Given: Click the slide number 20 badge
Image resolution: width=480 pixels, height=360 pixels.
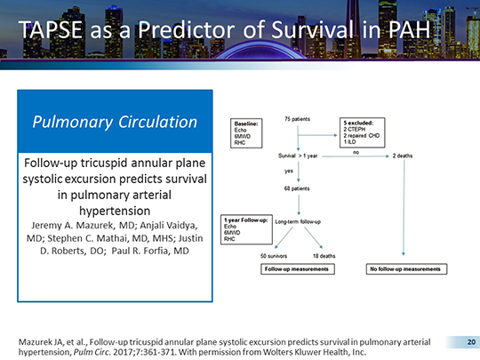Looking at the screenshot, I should pos(460,340).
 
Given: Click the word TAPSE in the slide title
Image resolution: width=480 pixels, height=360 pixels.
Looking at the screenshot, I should pos(56,33).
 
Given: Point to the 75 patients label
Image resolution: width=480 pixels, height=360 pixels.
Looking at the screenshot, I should pos(297,118).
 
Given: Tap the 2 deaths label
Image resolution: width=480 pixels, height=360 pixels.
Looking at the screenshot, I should pos(404,154).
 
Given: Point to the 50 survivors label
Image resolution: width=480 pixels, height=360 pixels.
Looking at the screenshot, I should pos(275,254).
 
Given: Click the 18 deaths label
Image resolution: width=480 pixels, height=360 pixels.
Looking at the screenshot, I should pos(324,254).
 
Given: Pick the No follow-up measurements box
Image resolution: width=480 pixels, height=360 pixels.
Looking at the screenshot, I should pos(404,268).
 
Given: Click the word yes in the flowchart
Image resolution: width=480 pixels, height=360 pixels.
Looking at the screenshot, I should pos(289,171).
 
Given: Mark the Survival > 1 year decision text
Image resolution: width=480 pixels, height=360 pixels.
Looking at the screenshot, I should pos(300,154).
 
